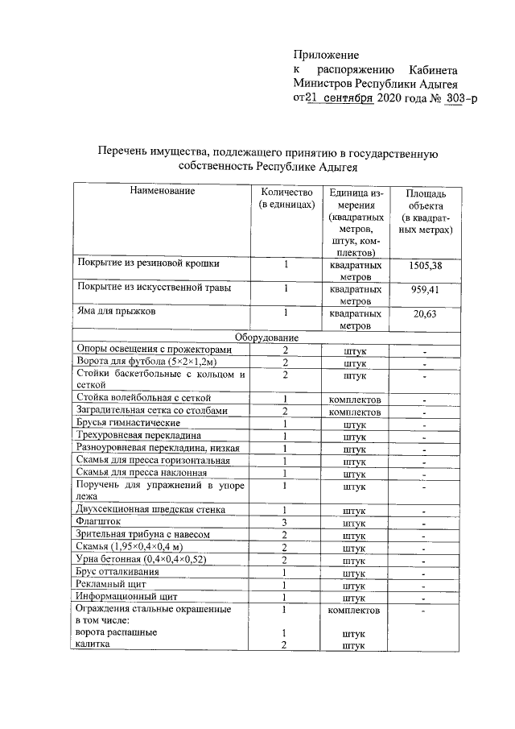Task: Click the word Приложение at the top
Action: tap(325, 55)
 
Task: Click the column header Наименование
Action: tap(159, 192)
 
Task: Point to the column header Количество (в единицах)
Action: tap(286, 199)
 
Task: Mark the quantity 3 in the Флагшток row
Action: tap(285, 522)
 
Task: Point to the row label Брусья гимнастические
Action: tap(128, 422)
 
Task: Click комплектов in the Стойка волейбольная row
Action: tap(355, 399)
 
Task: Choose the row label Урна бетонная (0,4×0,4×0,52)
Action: tap(140, 558)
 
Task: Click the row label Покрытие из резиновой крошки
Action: tap(147, 263)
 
